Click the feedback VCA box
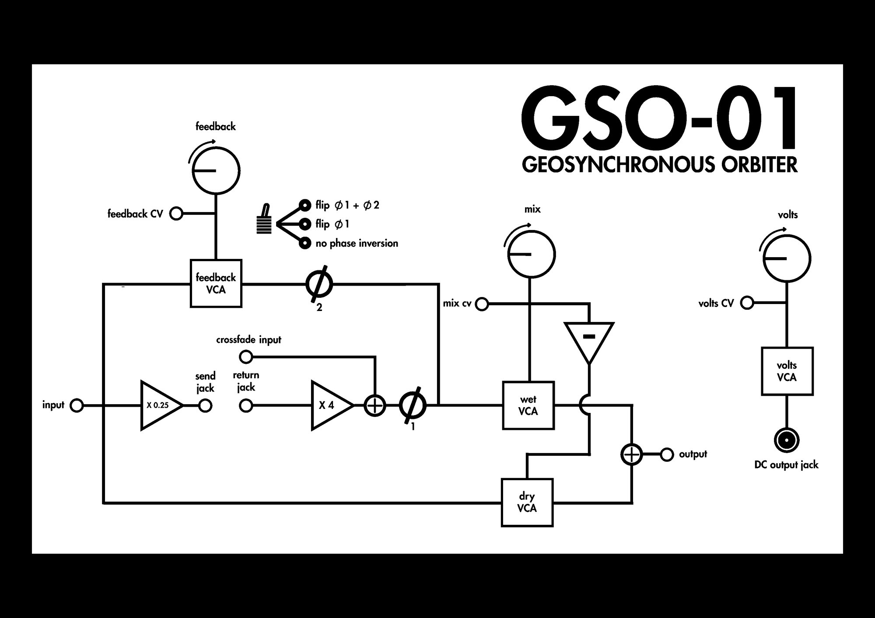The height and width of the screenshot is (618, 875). (x=216, y=283)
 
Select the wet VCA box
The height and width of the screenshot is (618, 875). (x=528, y=405)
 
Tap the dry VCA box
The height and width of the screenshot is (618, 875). (x=527, y=503)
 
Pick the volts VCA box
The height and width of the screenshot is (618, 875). (x=787, y=371)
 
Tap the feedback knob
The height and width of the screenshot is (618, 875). (x=216, y=170)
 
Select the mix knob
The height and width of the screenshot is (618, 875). (x=531, y=254)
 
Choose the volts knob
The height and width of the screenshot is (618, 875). (x=787, y=258)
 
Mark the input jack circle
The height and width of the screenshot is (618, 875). (x=77, y=405)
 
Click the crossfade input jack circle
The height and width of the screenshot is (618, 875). (x=246, y=357)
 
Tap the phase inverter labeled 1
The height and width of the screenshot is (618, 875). (x=413, y=406)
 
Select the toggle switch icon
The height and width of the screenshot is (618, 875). (x=264, y=220)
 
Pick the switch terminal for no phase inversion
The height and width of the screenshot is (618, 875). (x=304, y=243)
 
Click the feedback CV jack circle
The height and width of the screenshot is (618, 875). (x=176, y=213)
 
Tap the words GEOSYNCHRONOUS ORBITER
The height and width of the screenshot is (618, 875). (x=660, y=164)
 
